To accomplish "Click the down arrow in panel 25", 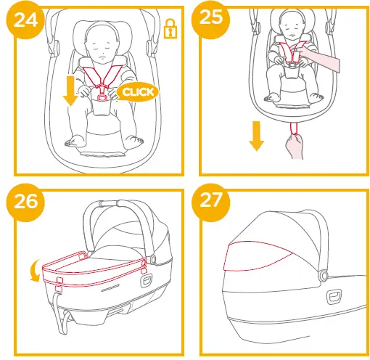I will point(255,136).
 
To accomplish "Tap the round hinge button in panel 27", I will point(321,276).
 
